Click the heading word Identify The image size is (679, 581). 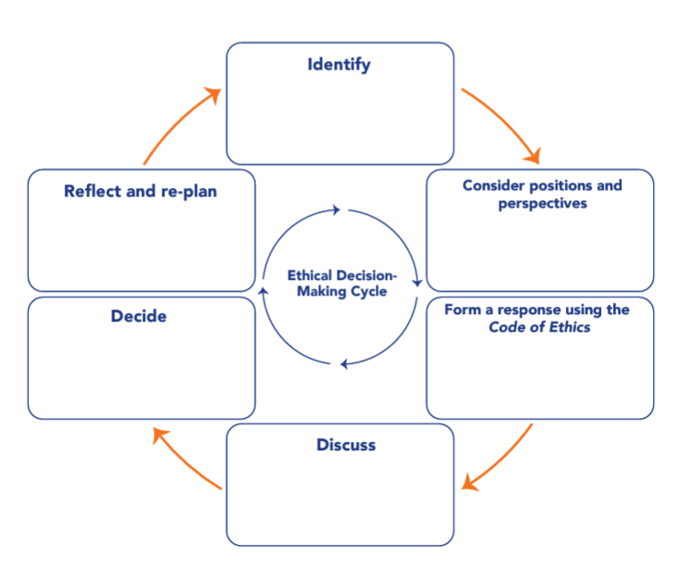[339, 65]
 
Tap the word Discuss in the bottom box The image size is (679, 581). [346, 445]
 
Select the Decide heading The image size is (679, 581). [138, 316]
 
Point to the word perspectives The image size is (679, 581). [543, 204]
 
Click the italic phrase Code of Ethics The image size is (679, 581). [540, 327]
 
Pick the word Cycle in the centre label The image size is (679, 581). [366, 291]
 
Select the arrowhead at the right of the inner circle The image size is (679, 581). [419, 282]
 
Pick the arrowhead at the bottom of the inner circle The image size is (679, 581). [344, 364]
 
